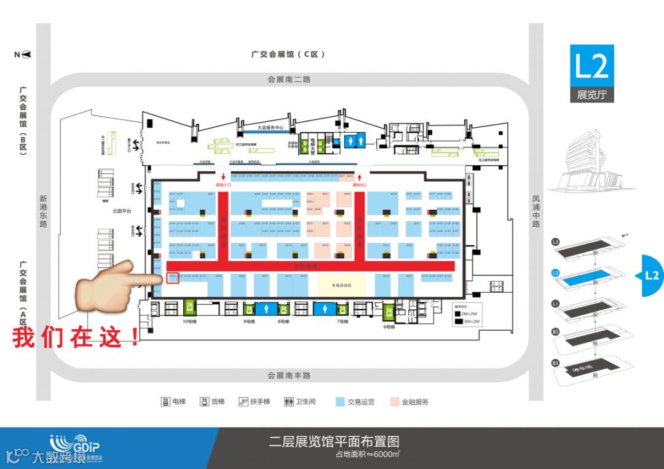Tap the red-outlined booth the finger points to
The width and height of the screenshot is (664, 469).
173,277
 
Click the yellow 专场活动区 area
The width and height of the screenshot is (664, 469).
341,285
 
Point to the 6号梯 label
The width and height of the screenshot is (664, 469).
389,326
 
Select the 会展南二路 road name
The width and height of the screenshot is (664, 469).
289,79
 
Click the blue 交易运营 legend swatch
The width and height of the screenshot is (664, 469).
339,402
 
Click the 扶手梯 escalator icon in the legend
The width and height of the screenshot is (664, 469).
245,402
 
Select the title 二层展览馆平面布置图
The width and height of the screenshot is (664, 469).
334,441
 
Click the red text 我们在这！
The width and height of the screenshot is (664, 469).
77,337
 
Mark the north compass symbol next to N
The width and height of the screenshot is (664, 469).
26,54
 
